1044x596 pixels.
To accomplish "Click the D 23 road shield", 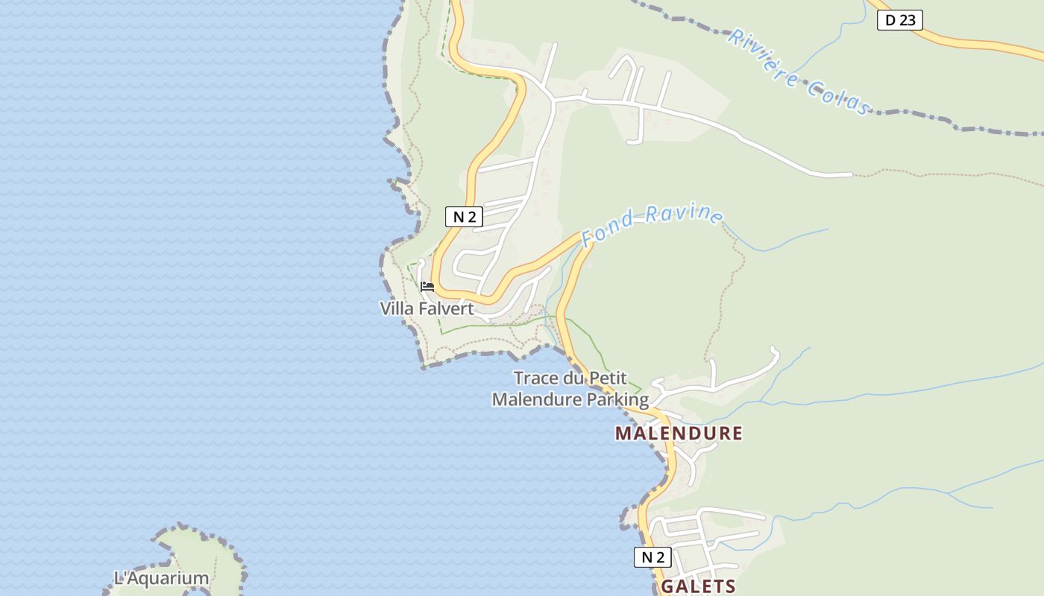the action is pyautogui.click(x=899, y=20).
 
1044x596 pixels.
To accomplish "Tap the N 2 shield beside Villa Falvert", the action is pyautogui.click(x=464, y=217).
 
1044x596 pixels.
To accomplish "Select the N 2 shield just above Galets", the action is pyautogui.click(x=652, y=557).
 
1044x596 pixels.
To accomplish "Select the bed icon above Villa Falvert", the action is pyautogui.click(x=427, y=286).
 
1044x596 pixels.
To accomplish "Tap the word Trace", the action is pyautogui.click(x=537, y=378).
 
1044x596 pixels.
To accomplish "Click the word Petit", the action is pyautogui.click(x=608, y=378).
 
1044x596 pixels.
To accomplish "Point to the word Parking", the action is pyautogui.click(x=617, y=399).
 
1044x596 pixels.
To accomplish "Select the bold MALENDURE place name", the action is pyautogui.click(x=679, y=434).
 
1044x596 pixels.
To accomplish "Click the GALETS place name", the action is pyautogui.click(x=699, y=586).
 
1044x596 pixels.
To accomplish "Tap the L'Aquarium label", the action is pyautogui.click(x=161, y=578).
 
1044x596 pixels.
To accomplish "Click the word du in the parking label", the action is pyautogui.click(x=574, y=378).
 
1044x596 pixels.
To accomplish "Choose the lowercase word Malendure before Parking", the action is pyautogui.click(x=537, y=399).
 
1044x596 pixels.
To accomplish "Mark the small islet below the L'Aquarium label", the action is pyautogui.click(x=195, y=592).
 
